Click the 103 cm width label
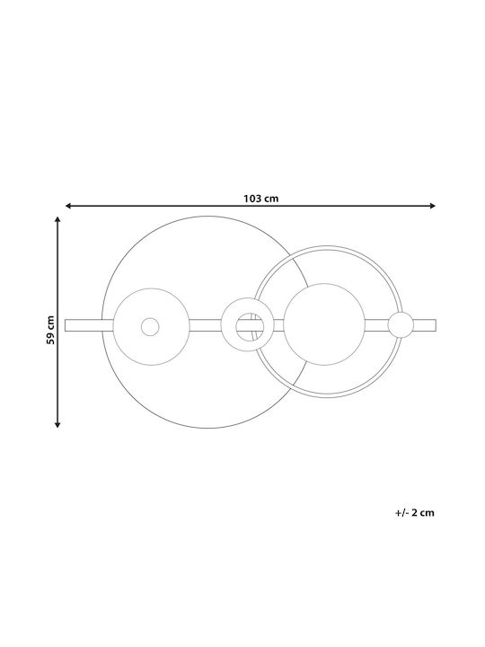pos(260,199)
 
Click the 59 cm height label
pos(50,330)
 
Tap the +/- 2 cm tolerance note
pos(414,513)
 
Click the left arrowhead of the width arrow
pos(68,206)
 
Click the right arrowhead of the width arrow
pos(433,206)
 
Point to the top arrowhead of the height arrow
pos(57,219)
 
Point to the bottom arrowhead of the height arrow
pos(57,424)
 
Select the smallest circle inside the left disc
pos(150,327)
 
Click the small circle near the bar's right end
pos(401,324)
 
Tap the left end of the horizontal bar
pos(66,325)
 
